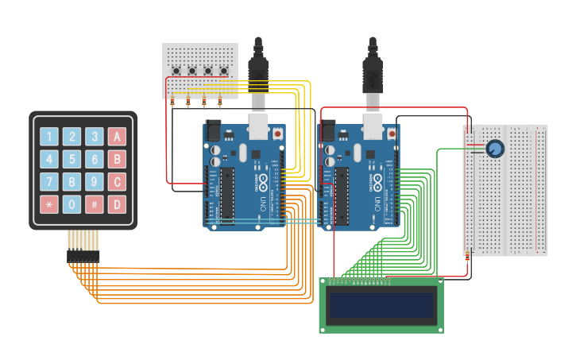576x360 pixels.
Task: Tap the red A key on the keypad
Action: pyautogui.click(x=118, y=137)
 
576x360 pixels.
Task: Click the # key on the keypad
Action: pyautogui.click(x=95, y=204)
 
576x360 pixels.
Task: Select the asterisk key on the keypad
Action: pyautogui.click(x=49, y=204)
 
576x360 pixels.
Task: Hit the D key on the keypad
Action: pyautogui.click(x=118, y=204)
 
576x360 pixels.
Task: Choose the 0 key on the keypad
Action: pyautogui.click(x=72, y=204)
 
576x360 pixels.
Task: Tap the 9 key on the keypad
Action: pyautogui.click(x=95, y=182)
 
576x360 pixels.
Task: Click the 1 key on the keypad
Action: pyautogui.click(x=49, y=137)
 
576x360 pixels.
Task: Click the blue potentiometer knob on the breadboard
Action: pyautogui.click(x=495, y=149)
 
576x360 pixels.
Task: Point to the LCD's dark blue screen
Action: pyautogui.click(x=382, y=305)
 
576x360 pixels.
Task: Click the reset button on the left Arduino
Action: pyautogui.click(x=277, y=135)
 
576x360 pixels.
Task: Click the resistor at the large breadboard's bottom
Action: pyautogui.click(x=466, y=254)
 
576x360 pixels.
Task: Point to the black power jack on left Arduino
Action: pyautogui.click(x=212, y=130)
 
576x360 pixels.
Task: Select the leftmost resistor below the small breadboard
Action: pyautogui.click(x=172, y=101)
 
